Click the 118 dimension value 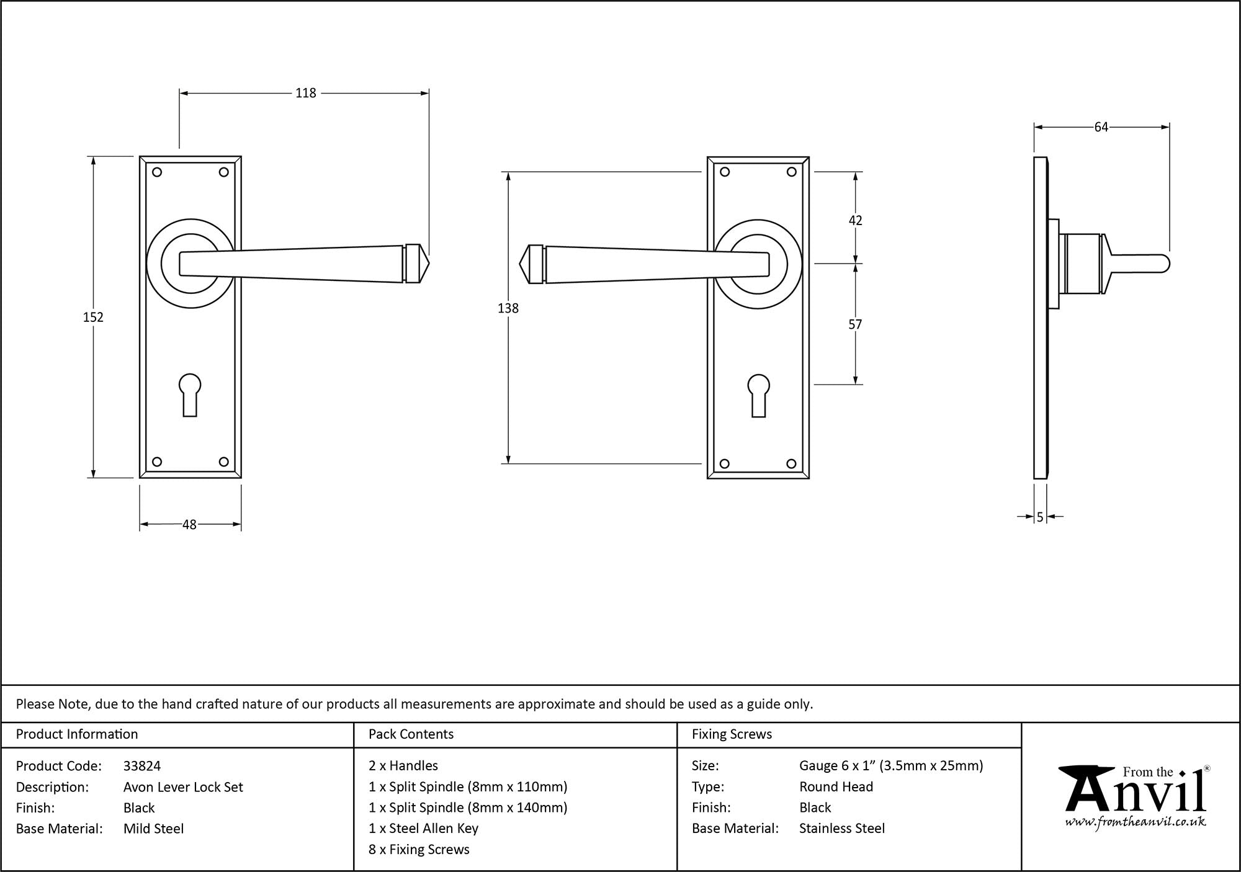click(305, 93)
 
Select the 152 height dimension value click(93, 317)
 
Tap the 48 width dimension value click(189, 525)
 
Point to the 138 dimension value click(508, 308)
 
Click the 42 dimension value click(855, 220)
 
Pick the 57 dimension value click(855, 324)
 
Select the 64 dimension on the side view click(1101, 127)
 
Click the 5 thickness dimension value click(1040, 517)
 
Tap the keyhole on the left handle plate click(190, 394)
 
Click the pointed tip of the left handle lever click(429, 264)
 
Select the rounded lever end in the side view click(1164, 264)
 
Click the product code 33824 click(142, 766)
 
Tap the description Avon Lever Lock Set click(183, 787)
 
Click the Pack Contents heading click(411, 734)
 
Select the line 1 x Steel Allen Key click(423, 829)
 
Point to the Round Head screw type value click(836, 787)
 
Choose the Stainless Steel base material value click(842, 829)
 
